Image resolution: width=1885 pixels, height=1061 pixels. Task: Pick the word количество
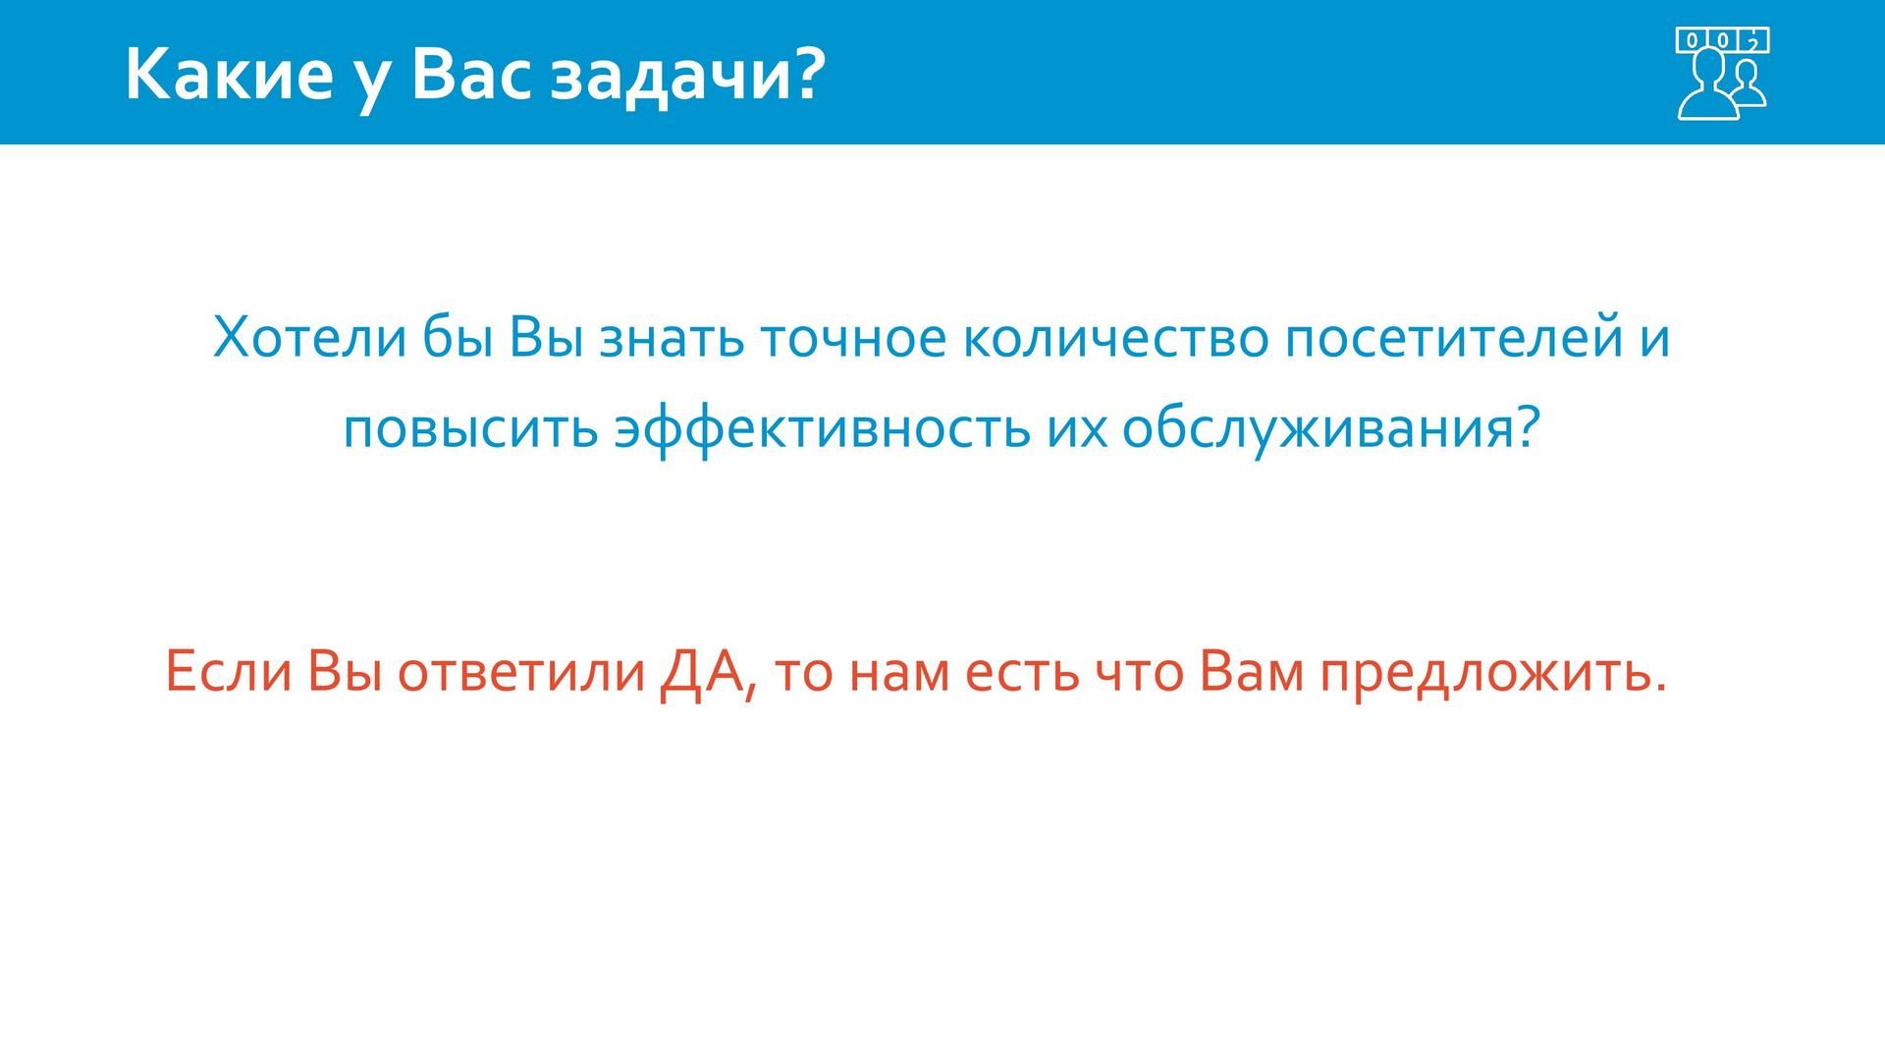(1115, 337)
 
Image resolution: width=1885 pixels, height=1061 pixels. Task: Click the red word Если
(229, 673)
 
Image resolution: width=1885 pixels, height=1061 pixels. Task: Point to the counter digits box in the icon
(1723, 40)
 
